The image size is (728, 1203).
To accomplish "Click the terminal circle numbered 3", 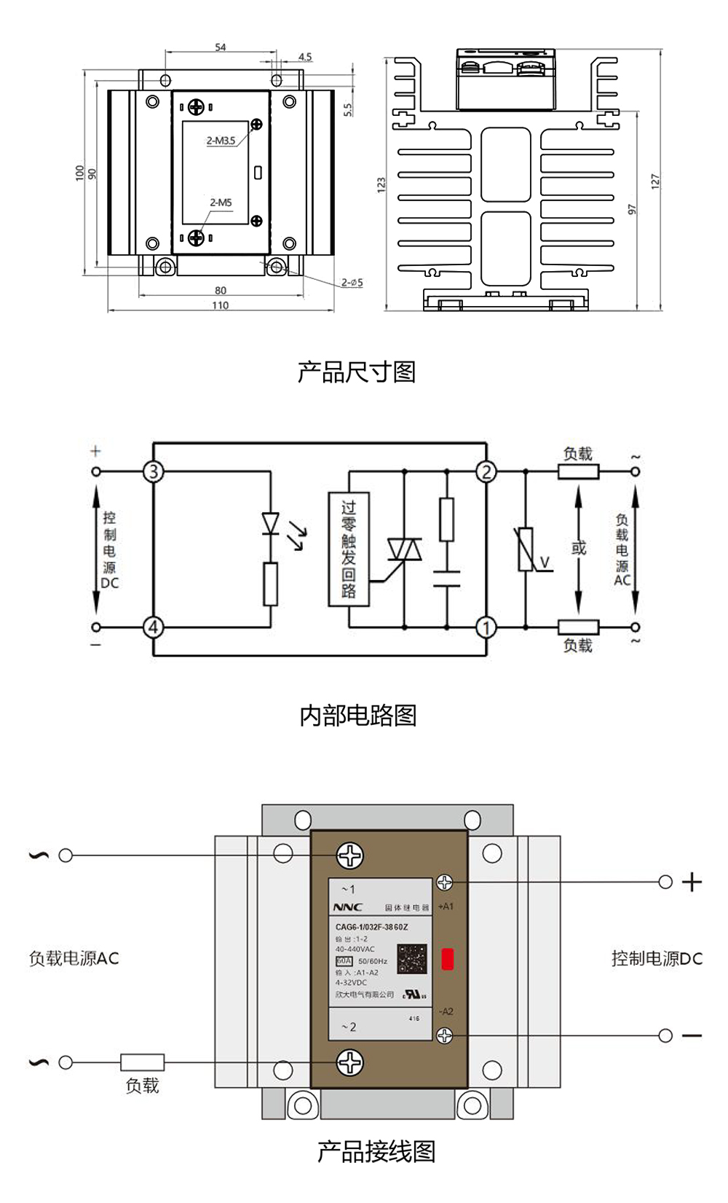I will [153, 471].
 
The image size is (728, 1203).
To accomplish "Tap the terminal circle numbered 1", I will [486, 627].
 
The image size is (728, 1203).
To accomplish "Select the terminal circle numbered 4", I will [153, 627].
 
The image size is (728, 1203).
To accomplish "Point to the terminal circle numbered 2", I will [486, 471].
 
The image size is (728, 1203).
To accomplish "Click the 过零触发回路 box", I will [349, 549].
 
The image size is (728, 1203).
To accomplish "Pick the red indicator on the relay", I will [448, 959].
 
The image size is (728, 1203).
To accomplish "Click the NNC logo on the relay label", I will [347, 907].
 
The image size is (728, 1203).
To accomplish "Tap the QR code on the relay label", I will [412, 959].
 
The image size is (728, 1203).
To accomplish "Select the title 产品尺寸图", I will [356, 372].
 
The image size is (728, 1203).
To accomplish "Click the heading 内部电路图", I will [358, 716].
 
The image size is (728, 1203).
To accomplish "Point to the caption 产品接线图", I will [376, 1152].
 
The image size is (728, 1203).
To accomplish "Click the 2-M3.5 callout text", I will [221, 141].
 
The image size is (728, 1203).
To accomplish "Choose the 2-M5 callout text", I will [221, 203].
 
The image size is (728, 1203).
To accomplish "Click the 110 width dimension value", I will [221, 305].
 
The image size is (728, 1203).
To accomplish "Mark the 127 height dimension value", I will [655, 181].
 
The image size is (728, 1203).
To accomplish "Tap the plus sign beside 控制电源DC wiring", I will [692, 882].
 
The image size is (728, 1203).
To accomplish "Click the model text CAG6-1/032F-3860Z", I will [371, 928].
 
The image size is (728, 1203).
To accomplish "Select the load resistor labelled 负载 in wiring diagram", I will [142, 1062].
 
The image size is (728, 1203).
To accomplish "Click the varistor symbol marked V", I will [526, 549].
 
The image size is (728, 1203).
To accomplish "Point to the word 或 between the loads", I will [579, 548].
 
